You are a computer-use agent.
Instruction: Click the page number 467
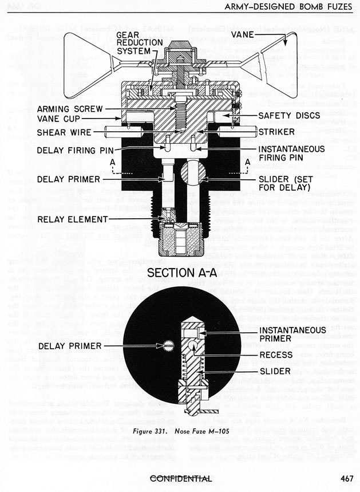[x=346, y=479]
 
